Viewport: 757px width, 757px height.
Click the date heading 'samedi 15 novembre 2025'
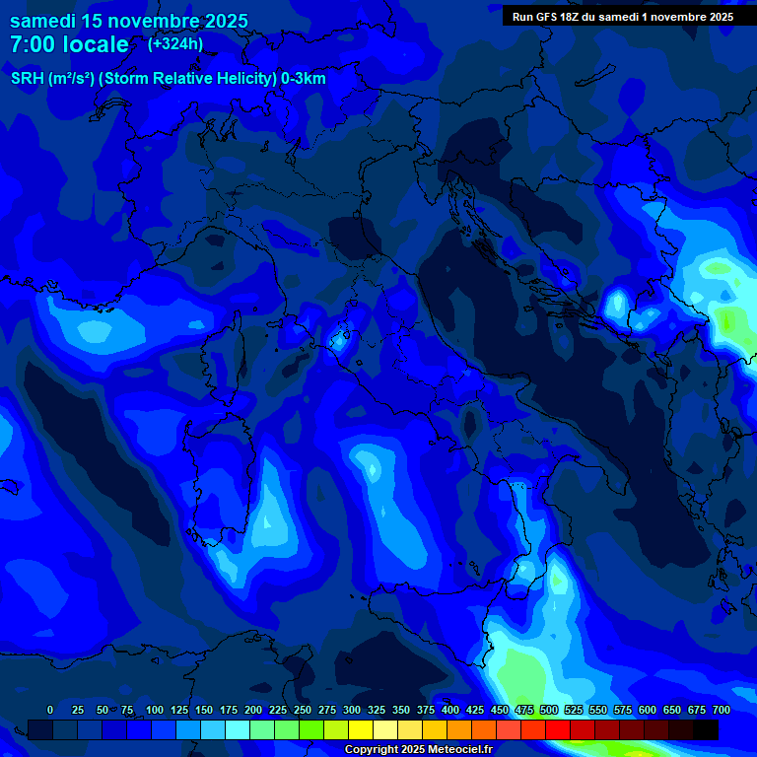tap(129, 21)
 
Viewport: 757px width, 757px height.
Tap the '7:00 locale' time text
tap(69, 44)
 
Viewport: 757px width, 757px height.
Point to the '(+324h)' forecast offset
tap(175, 43)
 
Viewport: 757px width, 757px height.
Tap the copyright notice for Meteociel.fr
tap(418, 749)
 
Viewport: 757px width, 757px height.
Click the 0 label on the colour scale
tap(50, 710)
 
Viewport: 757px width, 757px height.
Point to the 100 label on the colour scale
tap(155, 710)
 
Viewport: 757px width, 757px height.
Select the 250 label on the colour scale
tap(303, 710)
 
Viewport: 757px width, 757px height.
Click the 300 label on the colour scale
tap(352, 710)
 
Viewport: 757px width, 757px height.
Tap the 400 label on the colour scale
tap(450, 710)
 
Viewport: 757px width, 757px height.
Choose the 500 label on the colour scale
tap(549, 710)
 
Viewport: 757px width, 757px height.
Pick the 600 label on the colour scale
tap(648, 710)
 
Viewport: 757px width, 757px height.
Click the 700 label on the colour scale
tap(722, 710)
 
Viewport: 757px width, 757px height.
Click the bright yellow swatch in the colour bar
tap(361, 729)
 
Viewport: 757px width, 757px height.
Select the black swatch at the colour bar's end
tap(706, 729)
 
